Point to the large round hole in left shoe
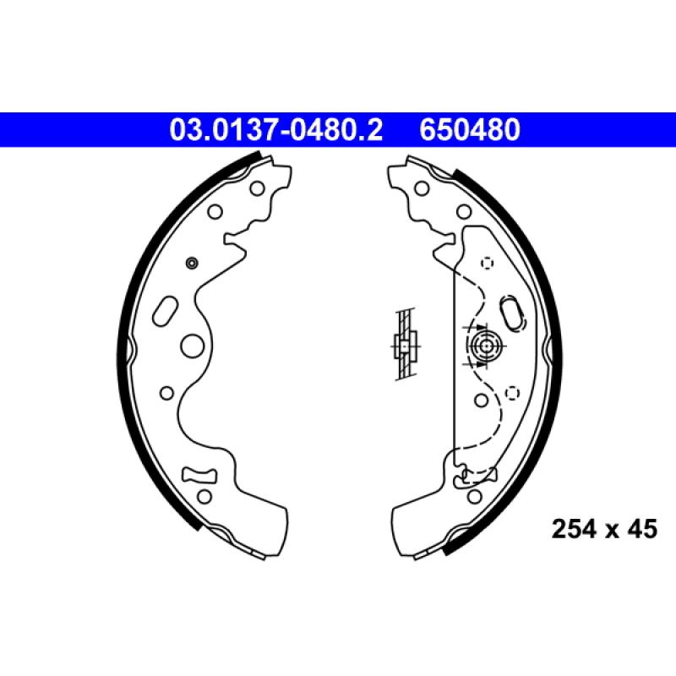click(193, 345)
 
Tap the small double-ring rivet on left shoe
click(191, 264)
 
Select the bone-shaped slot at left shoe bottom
click(201, 474)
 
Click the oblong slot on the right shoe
click(513, 310)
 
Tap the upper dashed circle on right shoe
click(486, 263)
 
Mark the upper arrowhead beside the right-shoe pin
click(479, 326)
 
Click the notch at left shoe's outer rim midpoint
click(131, 346)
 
